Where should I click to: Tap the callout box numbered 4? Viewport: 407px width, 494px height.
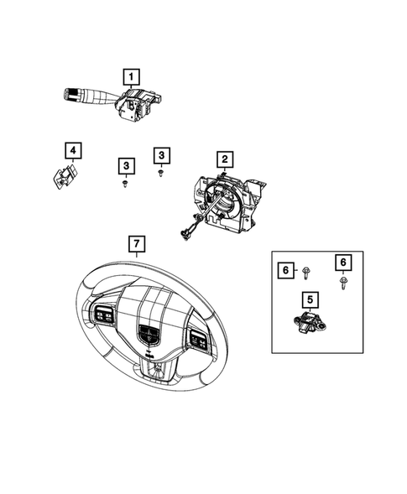[x=73, y=151]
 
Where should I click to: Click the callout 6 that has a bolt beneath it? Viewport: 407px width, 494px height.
[x=344, y=262]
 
